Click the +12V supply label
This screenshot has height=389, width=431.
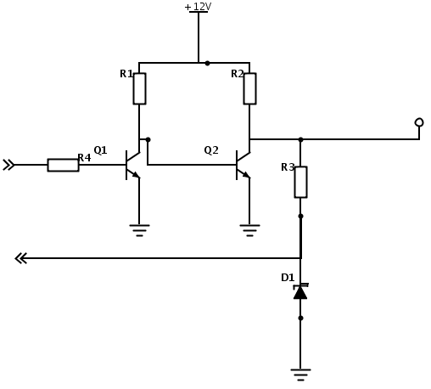[x=198, y=7]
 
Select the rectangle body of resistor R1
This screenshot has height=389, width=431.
[x=139, y=88]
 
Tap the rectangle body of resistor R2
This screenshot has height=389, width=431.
[x=249, y=88]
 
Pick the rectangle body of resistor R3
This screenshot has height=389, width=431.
[x=300, y=182]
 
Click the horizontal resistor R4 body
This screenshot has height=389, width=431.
[x=63, y=165]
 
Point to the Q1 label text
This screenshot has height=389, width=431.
[x=100, y=150]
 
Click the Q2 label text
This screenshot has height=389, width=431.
[x=211, y=150]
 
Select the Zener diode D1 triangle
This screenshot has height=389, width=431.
[x=300, y=293]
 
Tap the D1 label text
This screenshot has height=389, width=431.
[x=288, y=278]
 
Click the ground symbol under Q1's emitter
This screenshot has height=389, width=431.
[x=139, y=230]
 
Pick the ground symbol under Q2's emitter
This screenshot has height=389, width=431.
[x=249, y=230]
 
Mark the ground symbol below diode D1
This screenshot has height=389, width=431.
[x=300, y=375]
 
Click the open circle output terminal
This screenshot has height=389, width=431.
[x=419, y=122]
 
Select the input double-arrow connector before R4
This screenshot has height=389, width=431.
[x=8, y=165]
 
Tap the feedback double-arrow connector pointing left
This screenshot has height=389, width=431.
[x=21, y=258]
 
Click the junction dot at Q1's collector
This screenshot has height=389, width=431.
[x=148, y=139]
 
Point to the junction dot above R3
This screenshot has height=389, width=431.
[x=300, y=139]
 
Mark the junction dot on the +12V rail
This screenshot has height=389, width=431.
[x=207, y=63]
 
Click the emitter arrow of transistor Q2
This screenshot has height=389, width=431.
[x=247, y=175]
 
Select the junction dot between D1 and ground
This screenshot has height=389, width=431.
[x=300, y=318]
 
